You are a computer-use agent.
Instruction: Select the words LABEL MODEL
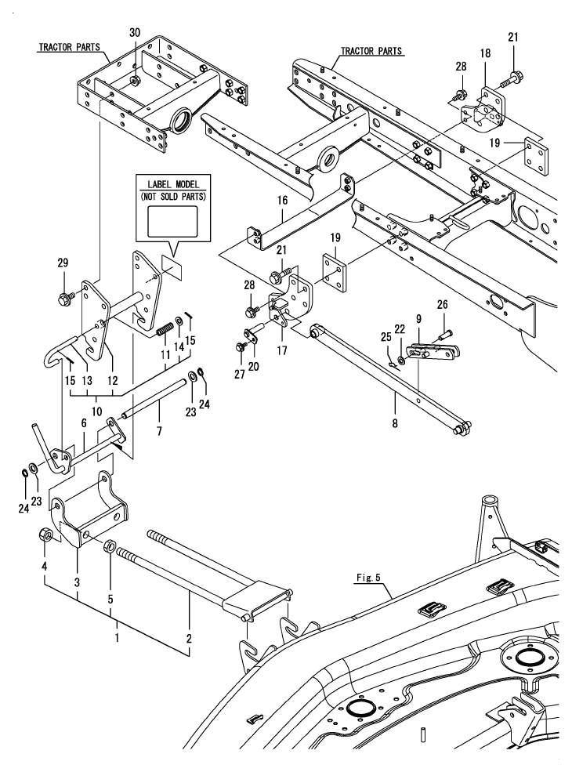(169, 184)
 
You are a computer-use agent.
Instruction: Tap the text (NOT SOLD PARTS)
(169, 196)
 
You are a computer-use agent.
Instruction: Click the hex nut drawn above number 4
(45, 536)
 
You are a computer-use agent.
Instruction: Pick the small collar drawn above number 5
(110, 546)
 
